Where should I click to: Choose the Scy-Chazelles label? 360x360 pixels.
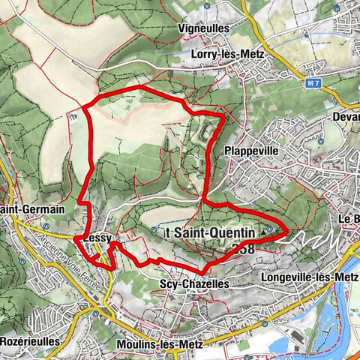tap(191, 284)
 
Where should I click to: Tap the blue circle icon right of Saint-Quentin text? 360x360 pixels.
tap(268, 229)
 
